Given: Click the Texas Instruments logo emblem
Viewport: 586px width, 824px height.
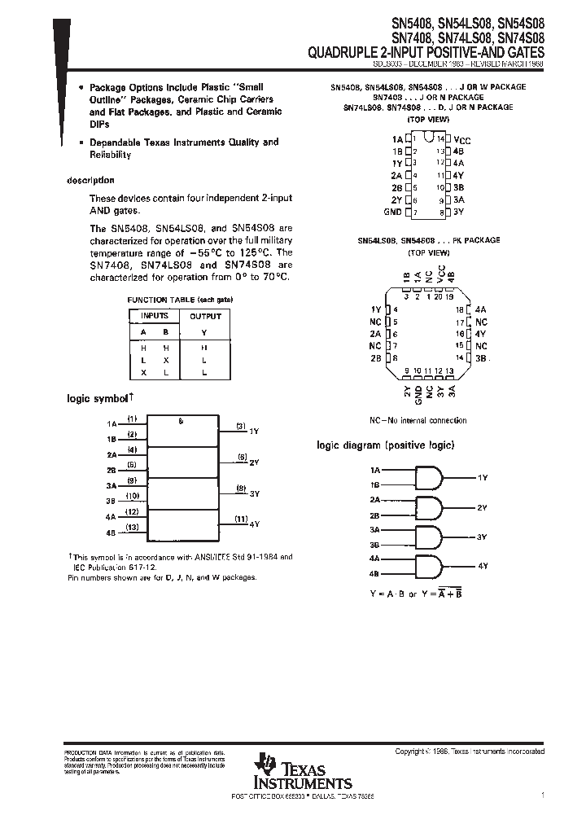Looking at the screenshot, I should [265, 763].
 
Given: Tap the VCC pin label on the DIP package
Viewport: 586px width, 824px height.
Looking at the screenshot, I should [461, 140].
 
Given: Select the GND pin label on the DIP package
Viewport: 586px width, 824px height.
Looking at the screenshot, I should [392, 212].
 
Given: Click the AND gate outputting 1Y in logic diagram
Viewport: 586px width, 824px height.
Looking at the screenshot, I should [429, 476].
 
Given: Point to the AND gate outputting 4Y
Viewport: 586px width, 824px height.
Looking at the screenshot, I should [429, 565].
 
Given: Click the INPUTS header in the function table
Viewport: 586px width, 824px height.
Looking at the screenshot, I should [155, 316].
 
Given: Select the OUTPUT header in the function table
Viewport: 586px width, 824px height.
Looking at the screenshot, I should [205, 316].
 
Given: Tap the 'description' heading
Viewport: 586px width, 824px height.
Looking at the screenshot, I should [90, 181].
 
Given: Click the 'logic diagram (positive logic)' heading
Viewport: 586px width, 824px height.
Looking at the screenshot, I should [385, 445].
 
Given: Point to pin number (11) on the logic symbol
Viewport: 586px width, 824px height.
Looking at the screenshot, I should [241, 519].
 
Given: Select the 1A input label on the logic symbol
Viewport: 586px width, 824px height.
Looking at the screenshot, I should [112, 424].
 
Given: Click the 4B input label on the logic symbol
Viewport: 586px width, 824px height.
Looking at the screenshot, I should [112, 534].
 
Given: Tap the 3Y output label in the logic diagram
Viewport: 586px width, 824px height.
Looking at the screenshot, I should [482, 537].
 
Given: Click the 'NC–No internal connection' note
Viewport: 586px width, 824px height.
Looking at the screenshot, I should [418, 420].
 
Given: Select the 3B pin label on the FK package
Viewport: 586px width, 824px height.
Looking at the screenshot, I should [481, 358].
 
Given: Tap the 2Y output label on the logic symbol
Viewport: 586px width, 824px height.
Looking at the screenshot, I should [254, 462].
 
